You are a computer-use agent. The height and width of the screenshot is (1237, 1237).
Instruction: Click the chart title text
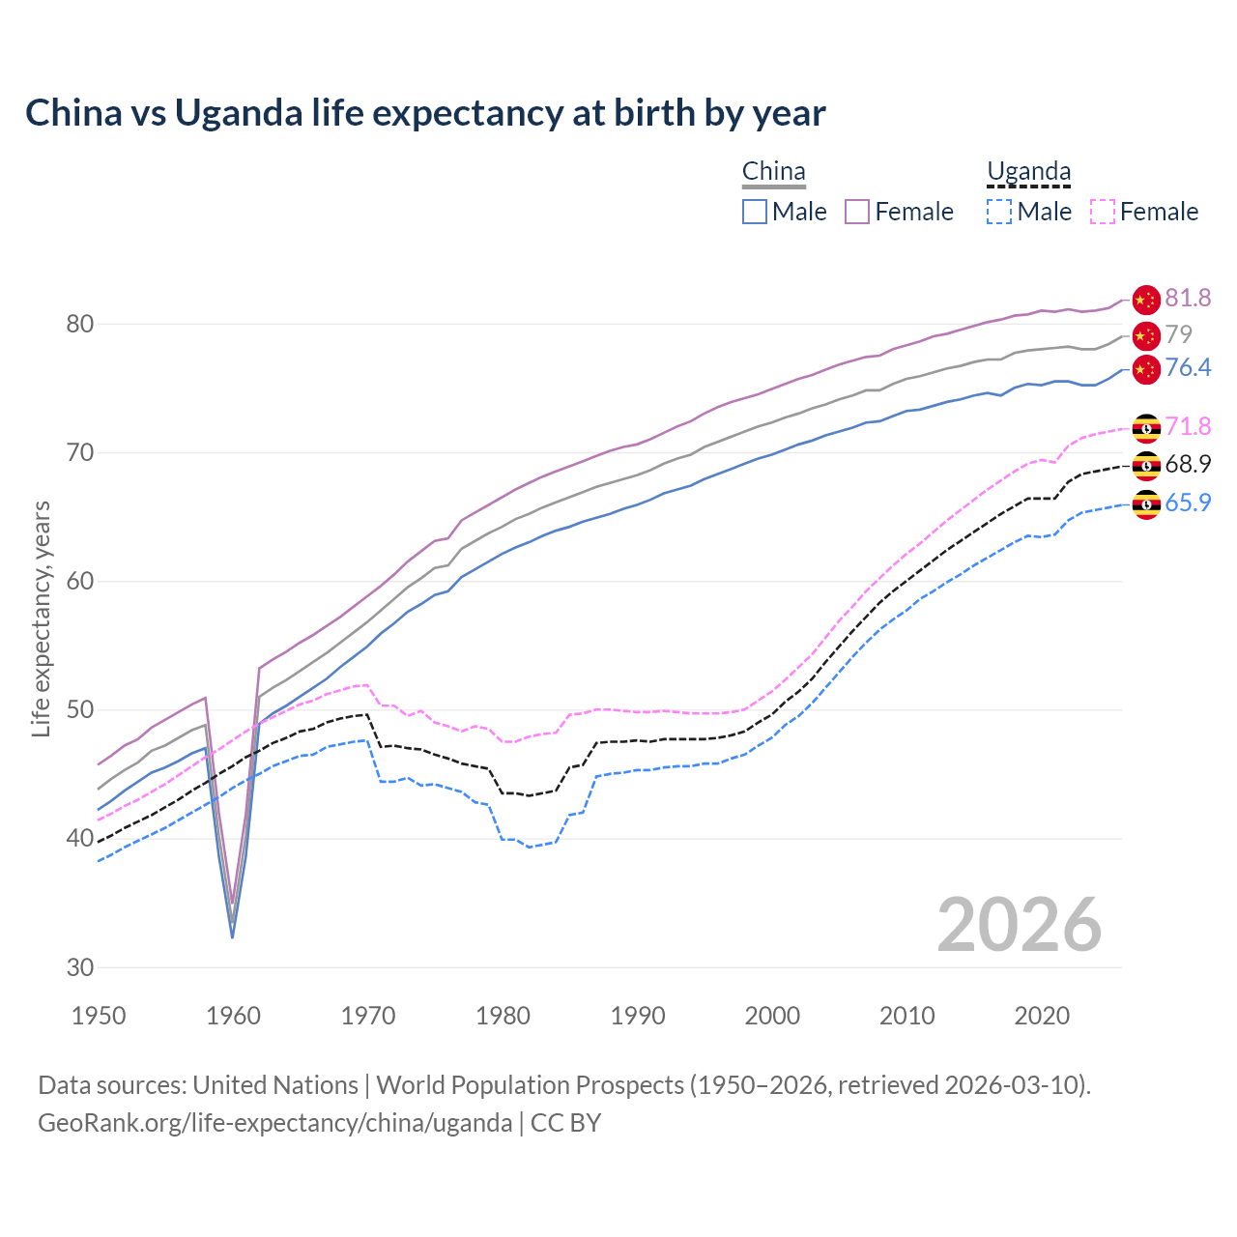tap(425, 113)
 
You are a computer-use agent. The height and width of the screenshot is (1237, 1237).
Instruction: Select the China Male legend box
tap(755, 212)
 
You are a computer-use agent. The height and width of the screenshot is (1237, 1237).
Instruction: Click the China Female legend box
tap(857, 212)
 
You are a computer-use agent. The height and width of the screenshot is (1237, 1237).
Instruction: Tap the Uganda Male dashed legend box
tap(999, 212)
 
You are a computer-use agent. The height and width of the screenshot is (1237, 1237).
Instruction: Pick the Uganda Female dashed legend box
tap(1103, 212)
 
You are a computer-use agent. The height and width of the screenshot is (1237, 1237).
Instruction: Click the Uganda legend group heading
tap(1028, 172)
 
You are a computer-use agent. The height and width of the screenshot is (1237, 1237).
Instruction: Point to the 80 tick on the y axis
tap(80, 324)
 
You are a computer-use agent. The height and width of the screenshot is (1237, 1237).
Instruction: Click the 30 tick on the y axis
tap(80, 967)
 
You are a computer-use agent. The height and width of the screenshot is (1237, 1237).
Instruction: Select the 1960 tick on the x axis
tap(234, 1016)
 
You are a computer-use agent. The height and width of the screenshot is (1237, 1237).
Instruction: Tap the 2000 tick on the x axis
tap(772, 1016)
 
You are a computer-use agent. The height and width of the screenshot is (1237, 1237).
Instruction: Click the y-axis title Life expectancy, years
tap(41, 618)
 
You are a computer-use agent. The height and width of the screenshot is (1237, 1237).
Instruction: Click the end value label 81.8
tap(1188, 298)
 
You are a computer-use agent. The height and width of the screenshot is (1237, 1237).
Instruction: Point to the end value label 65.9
tap(1188, 503)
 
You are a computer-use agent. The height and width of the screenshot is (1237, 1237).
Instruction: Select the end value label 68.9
tap(1188, 464)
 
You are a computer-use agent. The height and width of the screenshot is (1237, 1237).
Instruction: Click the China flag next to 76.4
tap(1146, 368)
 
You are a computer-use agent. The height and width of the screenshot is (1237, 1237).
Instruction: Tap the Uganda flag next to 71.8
tap(1146, 427)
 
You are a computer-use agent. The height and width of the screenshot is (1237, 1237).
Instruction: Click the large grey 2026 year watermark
tap(1020, 925)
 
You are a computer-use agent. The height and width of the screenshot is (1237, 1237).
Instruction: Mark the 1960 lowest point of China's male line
tap(232, 937)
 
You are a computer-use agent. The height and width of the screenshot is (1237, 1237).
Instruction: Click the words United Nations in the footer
tap(275, 1085)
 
